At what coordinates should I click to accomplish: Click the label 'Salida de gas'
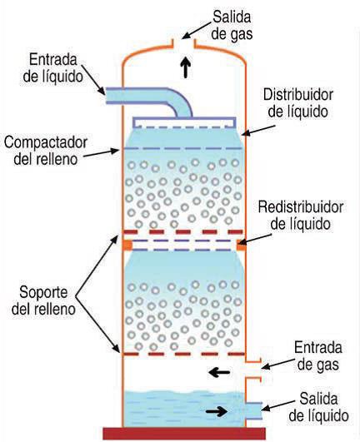click(232, 25)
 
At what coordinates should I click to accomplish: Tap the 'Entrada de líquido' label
click(53, 68)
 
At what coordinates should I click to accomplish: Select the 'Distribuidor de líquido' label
click(298, 103)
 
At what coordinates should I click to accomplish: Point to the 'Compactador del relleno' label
click(46, 151)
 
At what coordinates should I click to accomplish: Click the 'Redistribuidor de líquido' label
click(301, 216)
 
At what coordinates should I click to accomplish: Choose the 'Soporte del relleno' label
click(43, 300)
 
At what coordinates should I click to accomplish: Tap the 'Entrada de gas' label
click(318, 356)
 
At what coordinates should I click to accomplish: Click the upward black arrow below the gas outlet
click(186, 67)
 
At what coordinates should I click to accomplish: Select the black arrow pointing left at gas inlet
click(219, 372)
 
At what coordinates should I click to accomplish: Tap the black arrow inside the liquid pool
click(217, 411)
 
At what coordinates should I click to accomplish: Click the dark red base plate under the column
click(184, 434)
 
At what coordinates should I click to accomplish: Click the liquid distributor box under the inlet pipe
click(184, 123)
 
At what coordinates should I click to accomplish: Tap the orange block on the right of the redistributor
click(241, 245)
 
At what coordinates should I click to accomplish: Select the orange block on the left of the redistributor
click(127, 245)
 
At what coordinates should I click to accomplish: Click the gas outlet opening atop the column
click(184, 43)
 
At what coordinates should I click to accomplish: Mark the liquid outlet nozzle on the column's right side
click(254, 410)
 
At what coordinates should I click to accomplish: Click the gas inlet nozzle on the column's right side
click(253, 370)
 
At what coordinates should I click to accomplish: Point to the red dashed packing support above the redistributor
click(183, 232)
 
